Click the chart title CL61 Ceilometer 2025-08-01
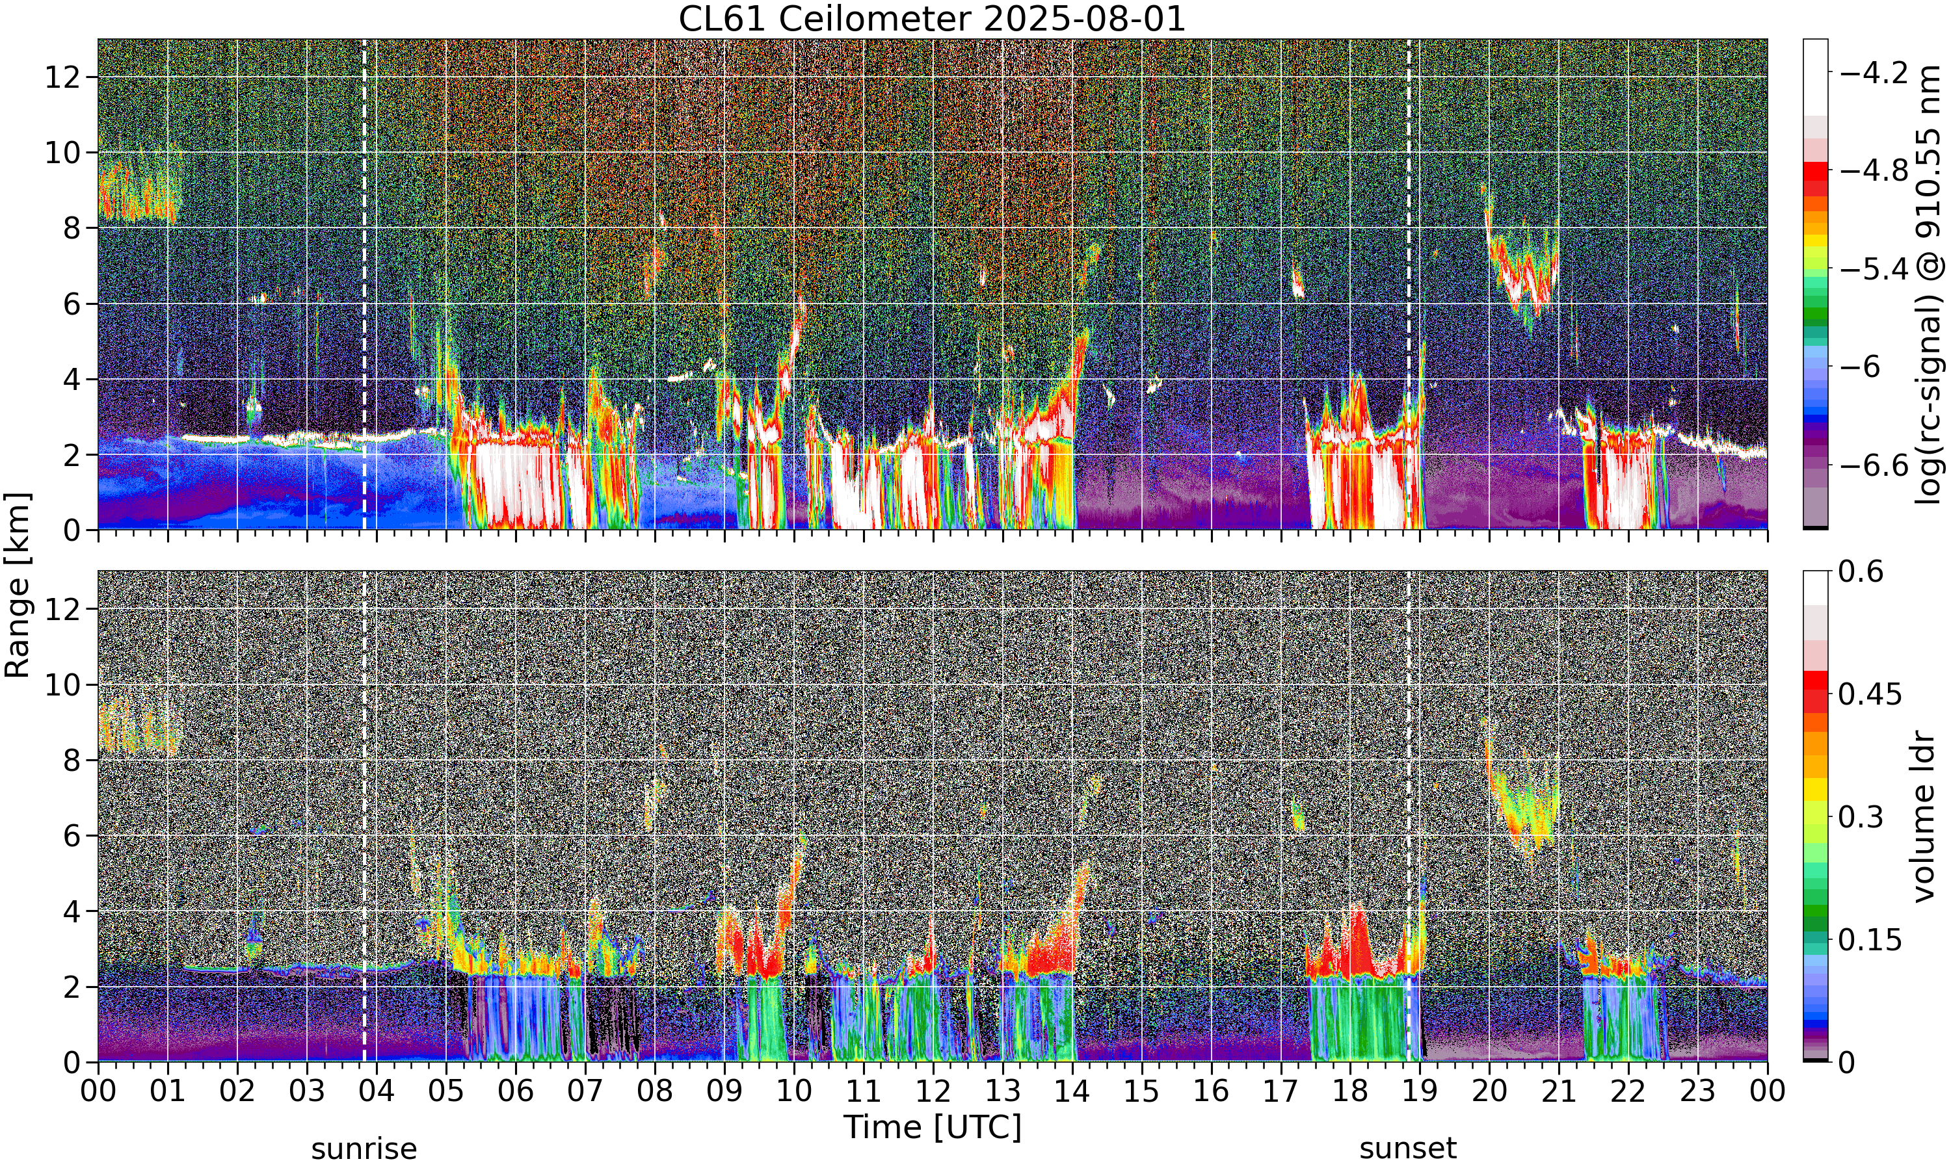(932, 19)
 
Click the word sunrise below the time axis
(364, 1149)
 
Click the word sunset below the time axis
(1409, 1149)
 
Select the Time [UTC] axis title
(932, 1128)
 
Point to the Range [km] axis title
(18, 585)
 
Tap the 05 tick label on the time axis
(445, 1091)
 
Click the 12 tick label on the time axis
(933, 1091)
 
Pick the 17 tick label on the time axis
(1281, 1091)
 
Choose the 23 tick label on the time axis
(1698, 1091)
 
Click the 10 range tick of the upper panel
(62, 152)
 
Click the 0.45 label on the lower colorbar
(1870, 694)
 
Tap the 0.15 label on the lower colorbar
(1870, 940)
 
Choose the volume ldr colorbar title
(1926, 817)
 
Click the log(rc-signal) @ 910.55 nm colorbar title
(1930, 285)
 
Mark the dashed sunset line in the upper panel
(1409, 285)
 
